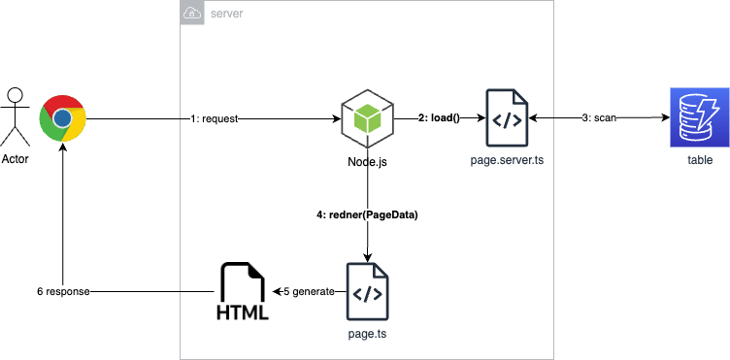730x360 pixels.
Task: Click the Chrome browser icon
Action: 62,118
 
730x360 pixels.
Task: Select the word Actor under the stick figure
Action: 15,159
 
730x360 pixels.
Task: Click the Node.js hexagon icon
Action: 367,118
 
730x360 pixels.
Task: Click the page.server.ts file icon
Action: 506,118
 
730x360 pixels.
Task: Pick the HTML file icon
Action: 243,290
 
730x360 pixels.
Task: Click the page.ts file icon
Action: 368,290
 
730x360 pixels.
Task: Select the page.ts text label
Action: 368,333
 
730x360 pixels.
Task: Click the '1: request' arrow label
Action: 214,118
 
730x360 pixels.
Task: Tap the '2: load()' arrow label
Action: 438,118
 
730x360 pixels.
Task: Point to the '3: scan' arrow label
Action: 600,118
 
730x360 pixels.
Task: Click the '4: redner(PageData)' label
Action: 367,215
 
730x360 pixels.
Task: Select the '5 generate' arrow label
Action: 308,290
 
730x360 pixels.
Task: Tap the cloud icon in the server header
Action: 191,14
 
